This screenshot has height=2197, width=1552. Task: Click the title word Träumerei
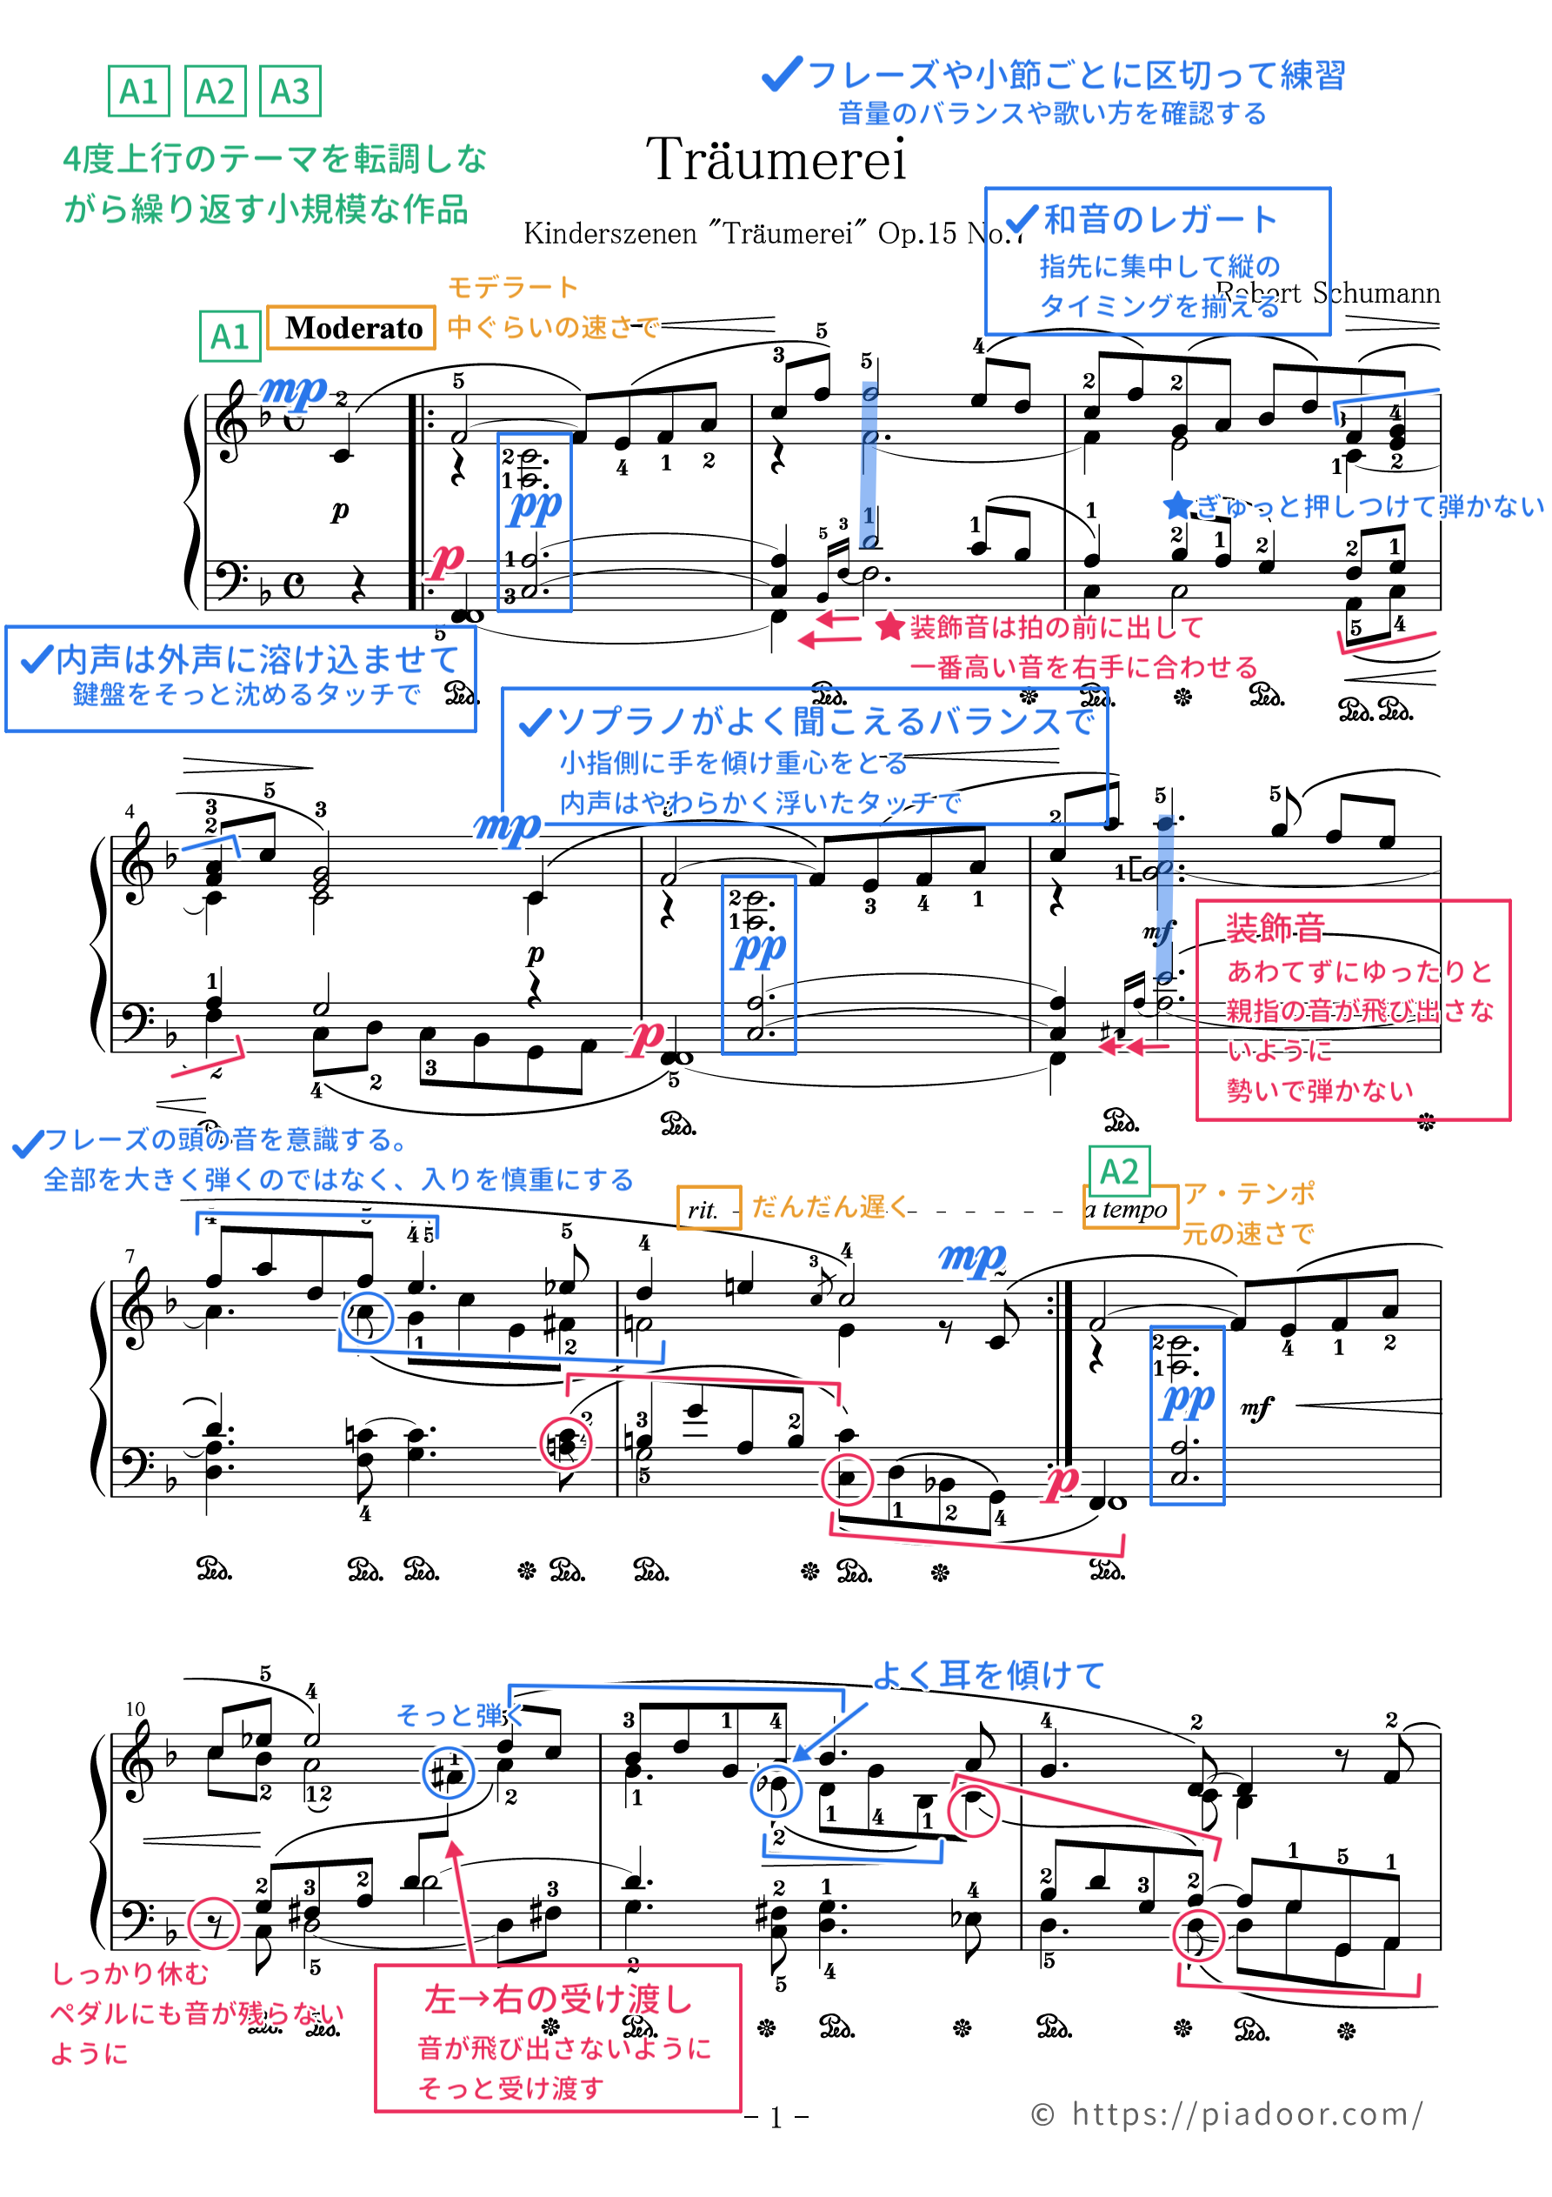(775, 160)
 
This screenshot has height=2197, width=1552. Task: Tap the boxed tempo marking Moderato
(352, 328)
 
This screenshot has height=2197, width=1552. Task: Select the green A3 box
(290, 92)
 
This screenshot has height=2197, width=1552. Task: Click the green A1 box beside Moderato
(230, 337)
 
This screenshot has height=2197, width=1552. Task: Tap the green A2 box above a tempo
(1118, 1172)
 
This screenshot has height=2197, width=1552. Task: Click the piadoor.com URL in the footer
(1246, 2114)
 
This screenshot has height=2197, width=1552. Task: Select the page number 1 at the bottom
(776, 2119)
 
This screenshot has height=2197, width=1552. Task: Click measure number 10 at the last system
(135, 1709)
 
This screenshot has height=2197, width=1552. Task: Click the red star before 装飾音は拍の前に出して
(889, 628)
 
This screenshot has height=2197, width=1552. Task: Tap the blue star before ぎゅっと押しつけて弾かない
(1177, 505)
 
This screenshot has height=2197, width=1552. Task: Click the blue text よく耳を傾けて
(989, 1675)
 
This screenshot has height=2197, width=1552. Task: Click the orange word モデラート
(513, 287)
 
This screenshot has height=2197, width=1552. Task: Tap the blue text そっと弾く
(458, 1716)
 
